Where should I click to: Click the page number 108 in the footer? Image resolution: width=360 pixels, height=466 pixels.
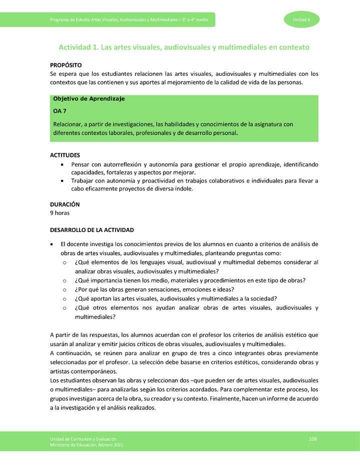coord(313,438)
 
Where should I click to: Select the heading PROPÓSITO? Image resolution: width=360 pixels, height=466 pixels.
coord(65,65)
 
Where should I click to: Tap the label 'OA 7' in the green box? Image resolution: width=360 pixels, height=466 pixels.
coord(60,111)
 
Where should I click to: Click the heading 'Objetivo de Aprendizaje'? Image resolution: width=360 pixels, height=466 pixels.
coord(88,99)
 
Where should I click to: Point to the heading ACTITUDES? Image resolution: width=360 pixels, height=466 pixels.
coord(65,155)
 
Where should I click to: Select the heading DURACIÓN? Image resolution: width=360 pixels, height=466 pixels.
coord(64,204)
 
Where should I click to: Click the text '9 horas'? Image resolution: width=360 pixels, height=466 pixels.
coord(59,213)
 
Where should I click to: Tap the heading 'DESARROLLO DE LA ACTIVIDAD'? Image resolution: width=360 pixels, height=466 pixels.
coord(92,230)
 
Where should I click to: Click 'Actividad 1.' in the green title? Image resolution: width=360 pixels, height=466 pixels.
coord(79,47)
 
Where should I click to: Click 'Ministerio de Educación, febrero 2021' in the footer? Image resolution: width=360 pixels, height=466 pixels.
coord(86,444)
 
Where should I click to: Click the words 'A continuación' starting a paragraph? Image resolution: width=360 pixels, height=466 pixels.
coord(71,353)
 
